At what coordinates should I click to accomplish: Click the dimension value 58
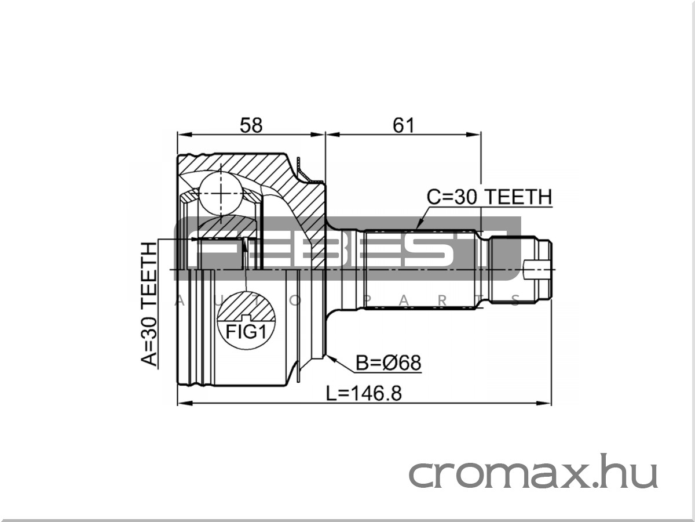pos(251,125)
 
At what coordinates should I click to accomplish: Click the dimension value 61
pos(403,125)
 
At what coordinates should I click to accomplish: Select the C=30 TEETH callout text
pos(489,197)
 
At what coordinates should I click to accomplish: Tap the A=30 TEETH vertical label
pos(149,304)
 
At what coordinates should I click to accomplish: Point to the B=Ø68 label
pos(389,362)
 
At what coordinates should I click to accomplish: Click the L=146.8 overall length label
pos(364,393)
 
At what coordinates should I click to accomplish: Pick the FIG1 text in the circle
pos(246,332)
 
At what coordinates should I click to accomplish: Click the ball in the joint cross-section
pos(221,193)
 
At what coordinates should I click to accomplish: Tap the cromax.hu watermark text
pos(533,471)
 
